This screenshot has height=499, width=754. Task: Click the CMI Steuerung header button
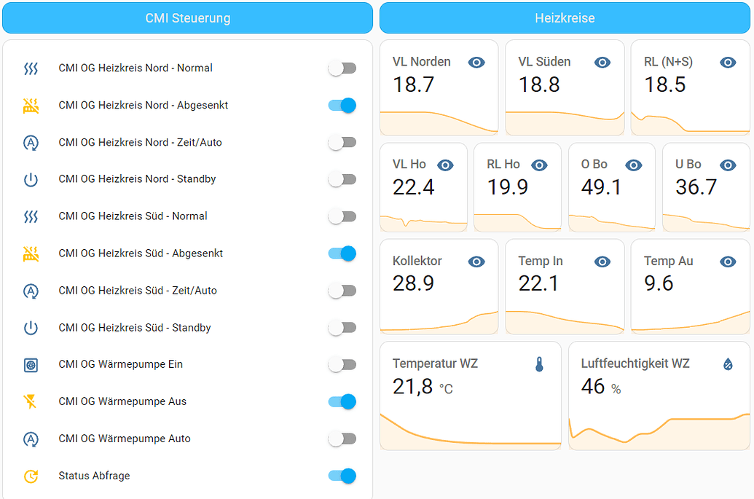coord(187,18)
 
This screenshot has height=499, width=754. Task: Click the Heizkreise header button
coord(565,18)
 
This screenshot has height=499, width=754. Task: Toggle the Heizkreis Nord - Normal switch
coord(342,68)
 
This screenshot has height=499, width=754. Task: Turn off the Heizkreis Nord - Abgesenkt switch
coord(342,106)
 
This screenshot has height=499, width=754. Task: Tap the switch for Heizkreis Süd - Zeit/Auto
coord(342,291)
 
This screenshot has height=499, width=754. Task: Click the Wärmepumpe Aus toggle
coord(342,401)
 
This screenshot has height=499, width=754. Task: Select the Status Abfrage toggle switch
coord(342,476)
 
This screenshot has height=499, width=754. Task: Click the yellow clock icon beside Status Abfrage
coord(31,476)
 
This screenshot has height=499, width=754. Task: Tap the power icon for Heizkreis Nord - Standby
coord(31,179)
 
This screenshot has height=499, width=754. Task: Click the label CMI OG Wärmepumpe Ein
coord(121,364)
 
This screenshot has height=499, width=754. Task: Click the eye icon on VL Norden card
coord(476,63)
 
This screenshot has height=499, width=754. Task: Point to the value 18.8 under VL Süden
coord(539,85)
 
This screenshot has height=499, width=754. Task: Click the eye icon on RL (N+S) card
coord(728,63)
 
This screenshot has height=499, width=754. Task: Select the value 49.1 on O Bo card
coord(601,187)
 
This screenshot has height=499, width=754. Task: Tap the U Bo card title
coord(688,165)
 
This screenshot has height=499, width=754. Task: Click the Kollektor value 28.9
coord(413,283)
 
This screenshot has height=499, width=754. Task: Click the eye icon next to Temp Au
coord(728,262)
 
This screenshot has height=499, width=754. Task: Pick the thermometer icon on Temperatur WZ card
coord(539,364)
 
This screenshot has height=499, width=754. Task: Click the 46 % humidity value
coord(600,387)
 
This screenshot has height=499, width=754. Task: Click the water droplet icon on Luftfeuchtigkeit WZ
coord(728,364)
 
